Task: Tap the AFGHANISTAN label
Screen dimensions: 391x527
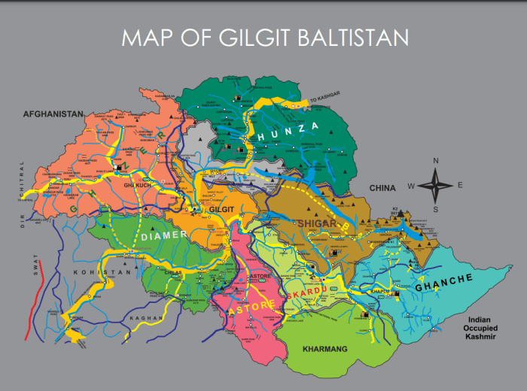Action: pyautogui.click(x=53, y=114)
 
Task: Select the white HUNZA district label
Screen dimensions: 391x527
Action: pyautogui.click(x=287, y=132)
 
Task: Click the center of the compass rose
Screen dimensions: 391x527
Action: pyautogui.click(x=436, y=184)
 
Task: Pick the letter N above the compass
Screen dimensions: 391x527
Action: pyautogui.click(x=436, y=161)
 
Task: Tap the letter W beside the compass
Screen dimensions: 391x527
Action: pyautogui.click(x=411, y=186)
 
